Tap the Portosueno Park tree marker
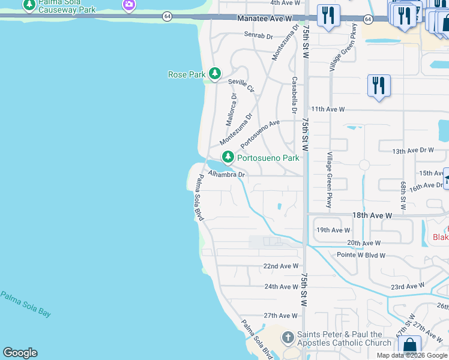click(x=228, y=158)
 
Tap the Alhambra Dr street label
click(x=227, y=175)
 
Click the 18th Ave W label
click(x=372, y=215)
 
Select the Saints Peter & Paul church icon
click(x=288, y=338)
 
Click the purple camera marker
click(x=128, y=5)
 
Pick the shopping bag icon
click(x=409, y=346)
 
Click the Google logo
click(x=20, y=353)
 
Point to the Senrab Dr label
click(x=259, y=35)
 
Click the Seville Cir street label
click(x=241, y=85)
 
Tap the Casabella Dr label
click(x=294, y=95)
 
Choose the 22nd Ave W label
click(x=281, y=266)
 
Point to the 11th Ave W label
click(x=328, y=109)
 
